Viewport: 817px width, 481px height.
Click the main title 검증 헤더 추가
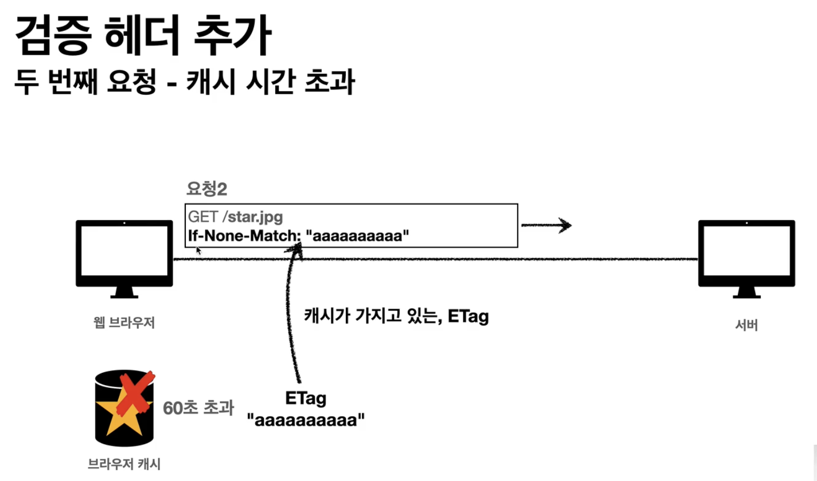pyautogui.click(x=143, y=35)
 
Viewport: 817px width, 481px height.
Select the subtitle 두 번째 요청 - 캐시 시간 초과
pyautogui.click(x=184, y=82)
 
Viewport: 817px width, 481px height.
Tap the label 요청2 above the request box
pyautogui.click(x=207, y=189)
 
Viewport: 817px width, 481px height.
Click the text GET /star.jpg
pyautogui.click(x=235, y=217)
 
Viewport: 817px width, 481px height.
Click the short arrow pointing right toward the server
pyautogui.click(x=546, y=225)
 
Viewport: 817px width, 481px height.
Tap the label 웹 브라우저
pyautogui.click(x=124, y=322)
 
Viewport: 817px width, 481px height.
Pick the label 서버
pyautogui.click(x=746, y=325)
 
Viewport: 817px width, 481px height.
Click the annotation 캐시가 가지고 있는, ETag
pyautogui.click(x=396, y=316)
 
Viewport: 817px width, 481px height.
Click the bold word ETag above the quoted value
pyautogui.click(x=306, y=398)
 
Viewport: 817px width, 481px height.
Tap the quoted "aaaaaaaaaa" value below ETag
pyautogui.click(x=306, y=420)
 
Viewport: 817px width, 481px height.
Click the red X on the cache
pyautogui.click(x=135, y=394)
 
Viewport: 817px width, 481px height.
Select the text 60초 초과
pyautogui.click(x=199, y=408)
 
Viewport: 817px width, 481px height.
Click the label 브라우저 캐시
pyautogui.click(x=124, y=464)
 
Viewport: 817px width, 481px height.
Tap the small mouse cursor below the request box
pyautogui.click(x=199, y=250)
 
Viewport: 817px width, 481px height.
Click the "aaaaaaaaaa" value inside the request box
pyautogui.click(x=357, y=236)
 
